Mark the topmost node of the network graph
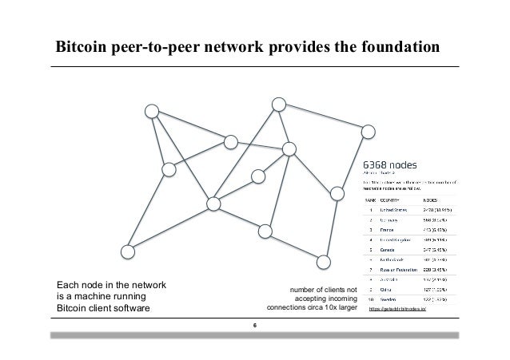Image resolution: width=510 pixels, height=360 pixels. point(277,105)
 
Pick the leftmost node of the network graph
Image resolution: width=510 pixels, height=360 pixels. point(126,251)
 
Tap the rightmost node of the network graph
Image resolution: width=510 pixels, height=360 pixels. point(369,130)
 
